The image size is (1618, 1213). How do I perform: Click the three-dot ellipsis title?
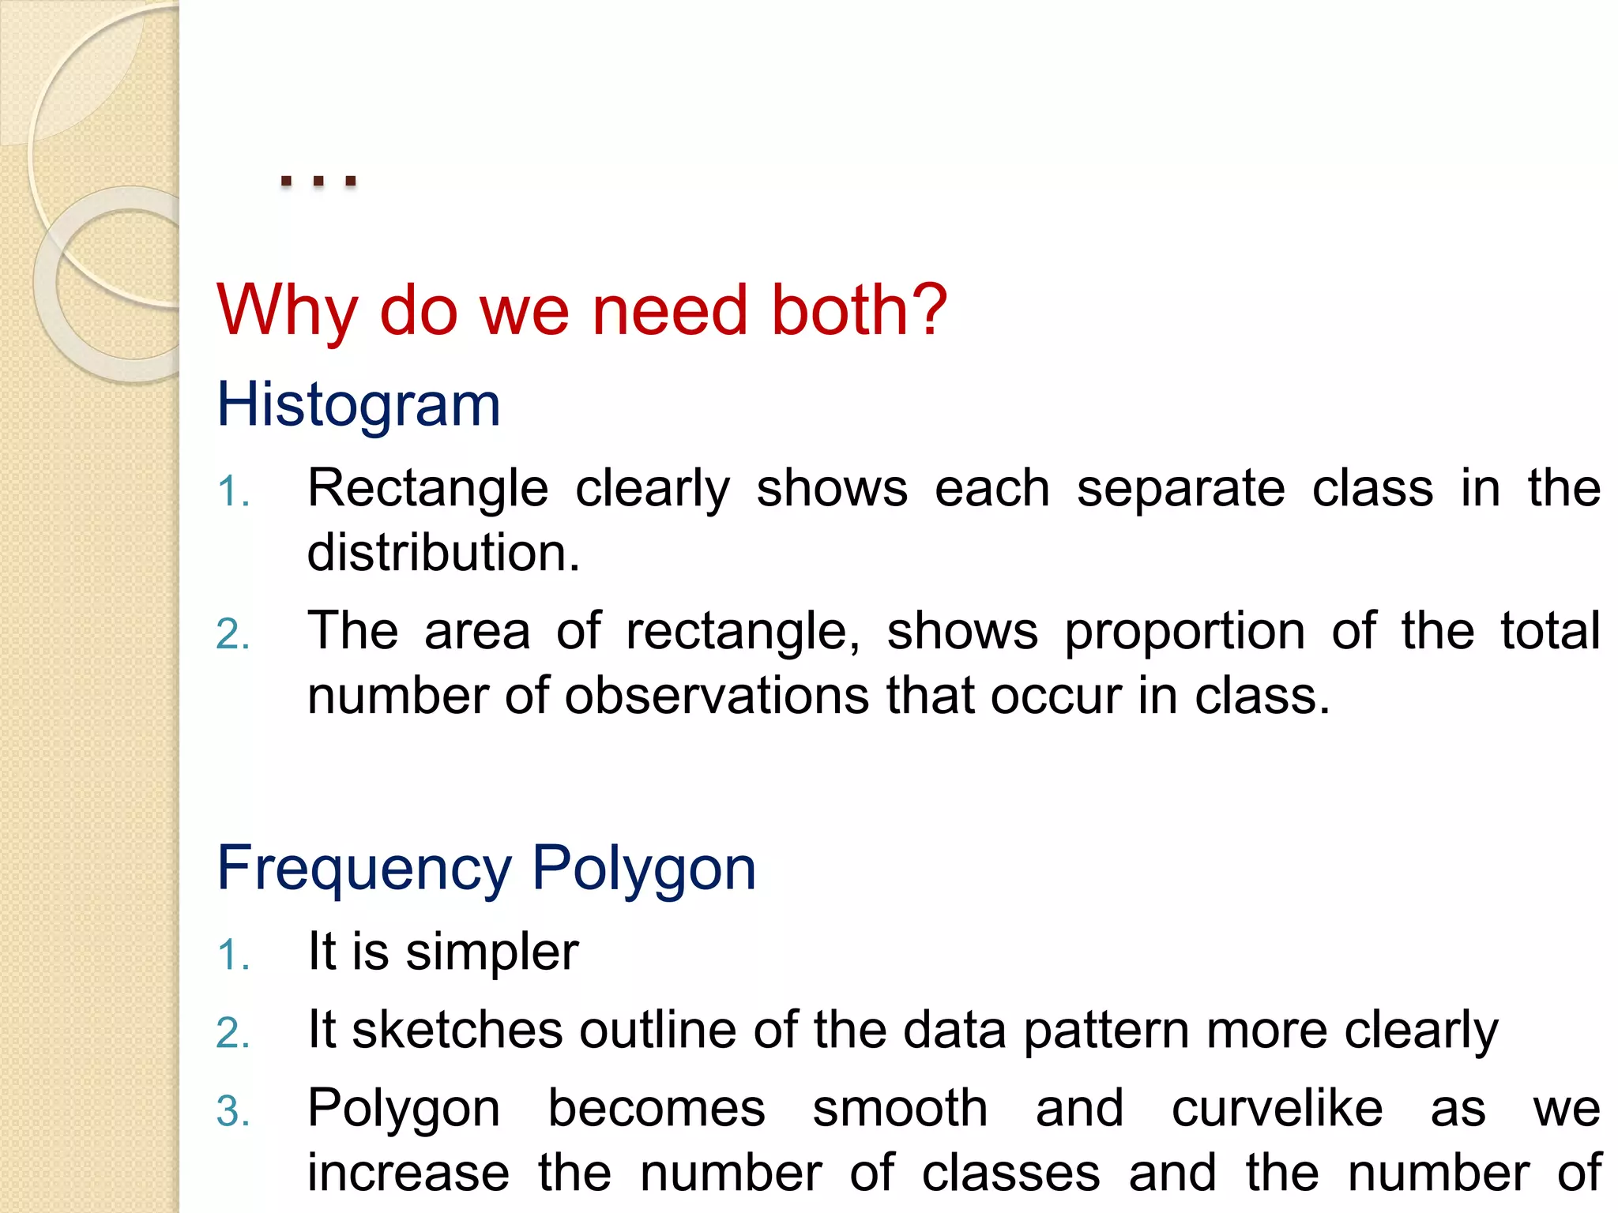click(319, 181)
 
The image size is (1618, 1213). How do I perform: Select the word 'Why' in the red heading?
click(288, 310)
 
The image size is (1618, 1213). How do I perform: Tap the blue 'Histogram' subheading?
click(359, 404)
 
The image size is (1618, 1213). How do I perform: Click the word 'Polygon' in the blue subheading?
click(644, 868)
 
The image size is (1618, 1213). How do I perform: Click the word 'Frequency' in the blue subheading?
click(364, 868)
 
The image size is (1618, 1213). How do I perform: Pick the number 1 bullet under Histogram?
click(232, 492)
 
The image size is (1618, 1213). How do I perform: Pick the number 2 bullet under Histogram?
click(232, 634)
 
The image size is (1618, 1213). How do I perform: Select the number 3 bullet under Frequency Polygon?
click(232, 1112)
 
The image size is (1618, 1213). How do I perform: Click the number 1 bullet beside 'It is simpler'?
click(232, 955)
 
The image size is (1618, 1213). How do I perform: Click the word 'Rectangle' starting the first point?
click(427, 488)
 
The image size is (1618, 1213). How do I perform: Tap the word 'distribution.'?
click(443, 552)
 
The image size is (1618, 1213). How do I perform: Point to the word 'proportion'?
click(1184, 631)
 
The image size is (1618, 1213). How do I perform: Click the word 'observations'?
click(717, 696)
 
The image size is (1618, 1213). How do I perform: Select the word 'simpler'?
click(491, 951)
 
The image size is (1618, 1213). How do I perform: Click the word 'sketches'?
click(457, 1030)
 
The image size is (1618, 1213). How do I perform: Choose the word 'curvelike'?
click(1277, 1108)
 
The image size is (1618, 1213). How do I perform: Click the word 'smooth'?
click(900, 1108)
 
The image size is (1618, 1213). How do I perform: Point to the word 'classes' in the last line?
click(1010, 1173)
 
